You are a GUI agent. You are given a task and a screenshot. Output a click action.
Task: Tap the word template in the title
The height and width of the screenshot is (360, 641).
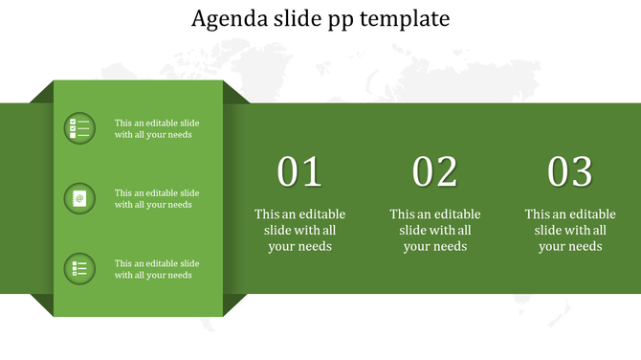tap(407, 19)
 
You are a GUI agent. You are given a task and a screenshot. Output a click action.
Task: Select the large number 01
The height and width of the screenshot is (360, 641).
tap(299, 172)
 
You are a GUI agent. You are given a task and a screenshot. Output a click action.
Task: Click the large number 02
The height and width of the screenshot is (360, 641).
tap(435, 172)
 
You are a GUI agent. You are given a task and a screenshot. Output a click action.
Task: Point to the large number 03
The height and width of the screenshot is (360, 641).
tap(570, 172)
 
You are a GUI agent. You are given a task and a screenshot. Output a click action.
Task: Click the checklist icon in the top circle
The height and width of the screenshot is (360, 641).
tap(79, 128)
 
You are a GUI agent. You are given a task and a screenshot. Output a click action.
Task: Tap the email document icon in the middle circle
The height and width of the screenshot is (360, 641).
tap(79, 199)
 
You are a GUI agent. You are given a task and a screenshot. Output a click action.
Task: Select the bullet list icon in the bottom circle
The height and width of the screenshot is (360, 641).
tap(79, 269)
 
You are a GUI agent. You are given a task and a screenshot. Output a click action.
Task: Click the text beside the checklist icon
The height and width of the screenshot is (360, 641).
tap(157, 128)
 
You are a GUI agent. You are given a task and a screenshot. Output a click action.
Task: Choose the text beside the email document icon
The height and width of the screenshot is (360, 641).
tap(157, 198)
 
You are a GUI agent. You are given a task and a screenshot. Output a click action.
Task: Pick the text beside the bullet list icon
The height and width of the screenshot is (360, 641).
tap(157, 269)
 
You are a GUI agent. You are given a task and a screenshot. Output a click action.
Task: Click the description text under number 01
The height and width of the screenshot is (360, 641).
tap(299, 230)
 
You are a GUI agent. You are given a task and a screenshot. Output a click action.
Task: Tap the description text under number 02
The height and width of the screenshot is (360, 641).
tap(435, 230)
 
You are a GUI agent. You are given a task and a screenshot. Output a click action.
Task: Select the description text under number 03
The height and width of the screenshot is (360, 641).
tap(570, 230)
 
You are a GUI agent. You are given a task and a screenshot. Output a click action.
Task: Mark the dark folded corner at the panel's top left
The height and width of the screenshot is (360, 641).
tap(43, 93)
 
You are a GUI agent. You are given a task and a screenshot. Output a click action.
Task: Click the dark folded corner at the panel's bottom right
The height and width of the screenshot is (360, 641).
tap(234, 304)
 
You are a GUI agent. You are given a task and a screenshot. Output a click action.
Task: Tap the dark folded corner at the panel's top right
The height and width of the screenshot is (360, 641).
tap(234, 93)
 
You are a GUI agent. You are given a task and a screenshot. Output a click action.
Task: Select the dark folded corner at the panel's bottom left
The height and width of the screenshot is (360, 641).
tap(43, 304)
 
